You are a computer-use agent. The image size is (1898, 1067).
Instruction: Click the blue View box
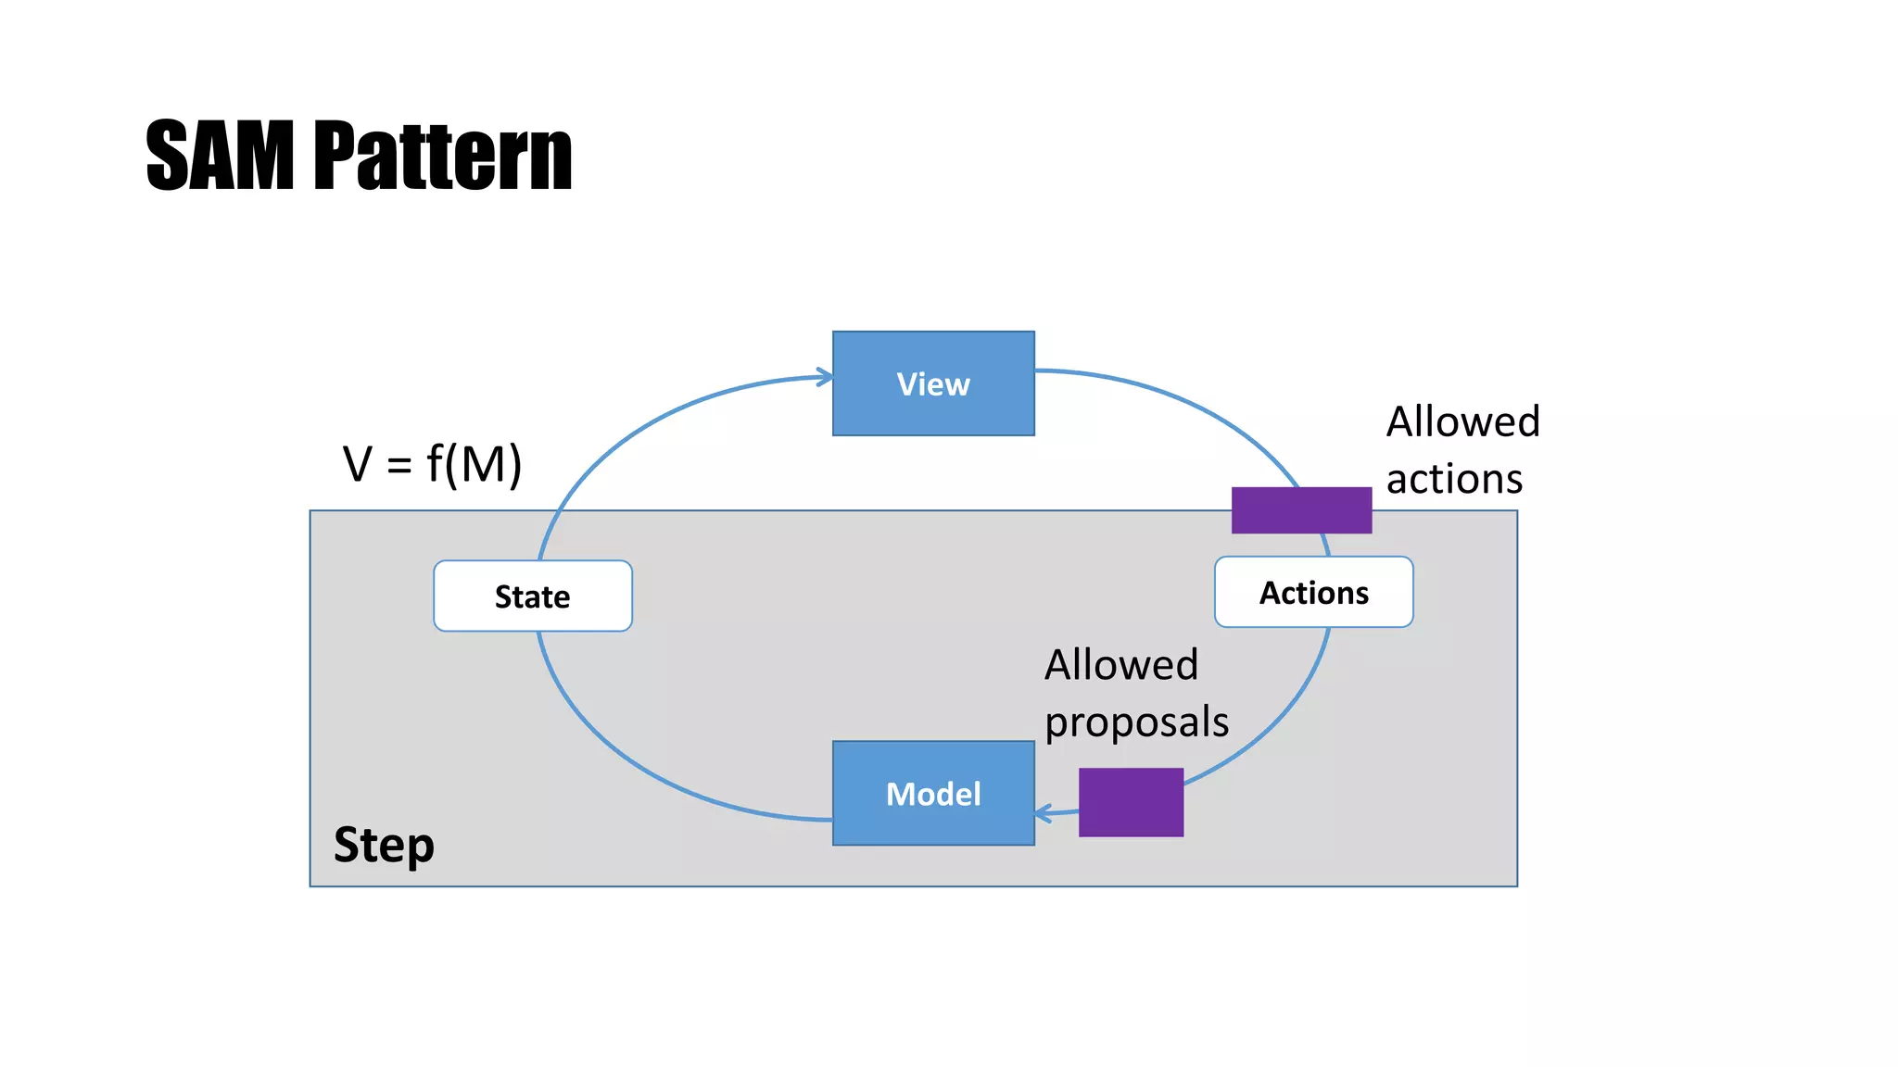coord(933,383)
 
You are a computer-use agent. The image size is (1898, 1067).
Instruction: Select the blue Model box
coord(933,793)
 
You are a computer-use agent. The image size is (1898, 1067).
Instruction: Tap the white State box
coord(533,596)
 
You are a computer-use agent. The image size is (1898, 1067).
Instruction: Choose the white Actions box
coord(1313,592)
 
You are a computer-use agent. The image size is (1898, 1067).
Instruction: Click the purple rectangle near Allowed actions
coord(1301,510)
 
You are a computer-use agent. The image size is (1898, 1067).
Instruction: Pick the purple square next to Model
coord(1131,802)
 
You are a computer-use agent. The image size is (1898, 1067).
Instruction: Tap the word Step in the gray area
coord(384,845)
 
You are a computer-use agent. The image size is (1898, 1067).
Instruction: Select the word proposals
coord(1136,722)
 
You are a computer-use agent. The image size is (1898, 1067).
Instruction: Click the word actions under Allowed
coord(1454,480)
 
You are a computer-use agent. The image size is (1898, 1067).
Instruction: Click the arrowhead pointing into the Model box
coord(1043,814)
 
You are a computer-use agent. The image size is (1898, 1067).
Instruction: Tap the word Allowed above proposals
coord(1121,665)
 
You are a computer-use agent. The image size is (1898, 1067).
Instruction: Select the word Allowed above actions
coord(1462,422)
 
